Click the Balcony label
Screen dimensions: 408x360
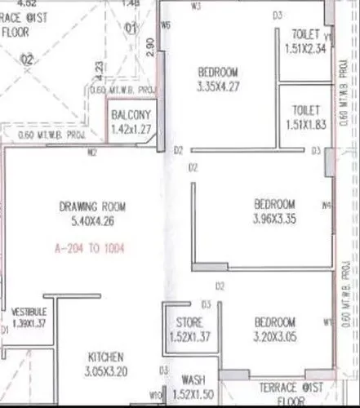coord(131,116)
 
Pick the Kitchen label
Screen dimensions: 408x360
coord(105,357)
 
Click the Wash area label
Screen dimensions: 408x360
coord(193,381)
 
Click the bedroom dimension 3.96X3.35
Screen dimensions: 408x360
coord(273,217)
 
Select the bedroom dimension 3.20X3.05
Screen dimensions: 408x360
coord(273,335)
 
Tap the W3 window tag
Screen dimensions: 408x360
coord(196,7)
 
